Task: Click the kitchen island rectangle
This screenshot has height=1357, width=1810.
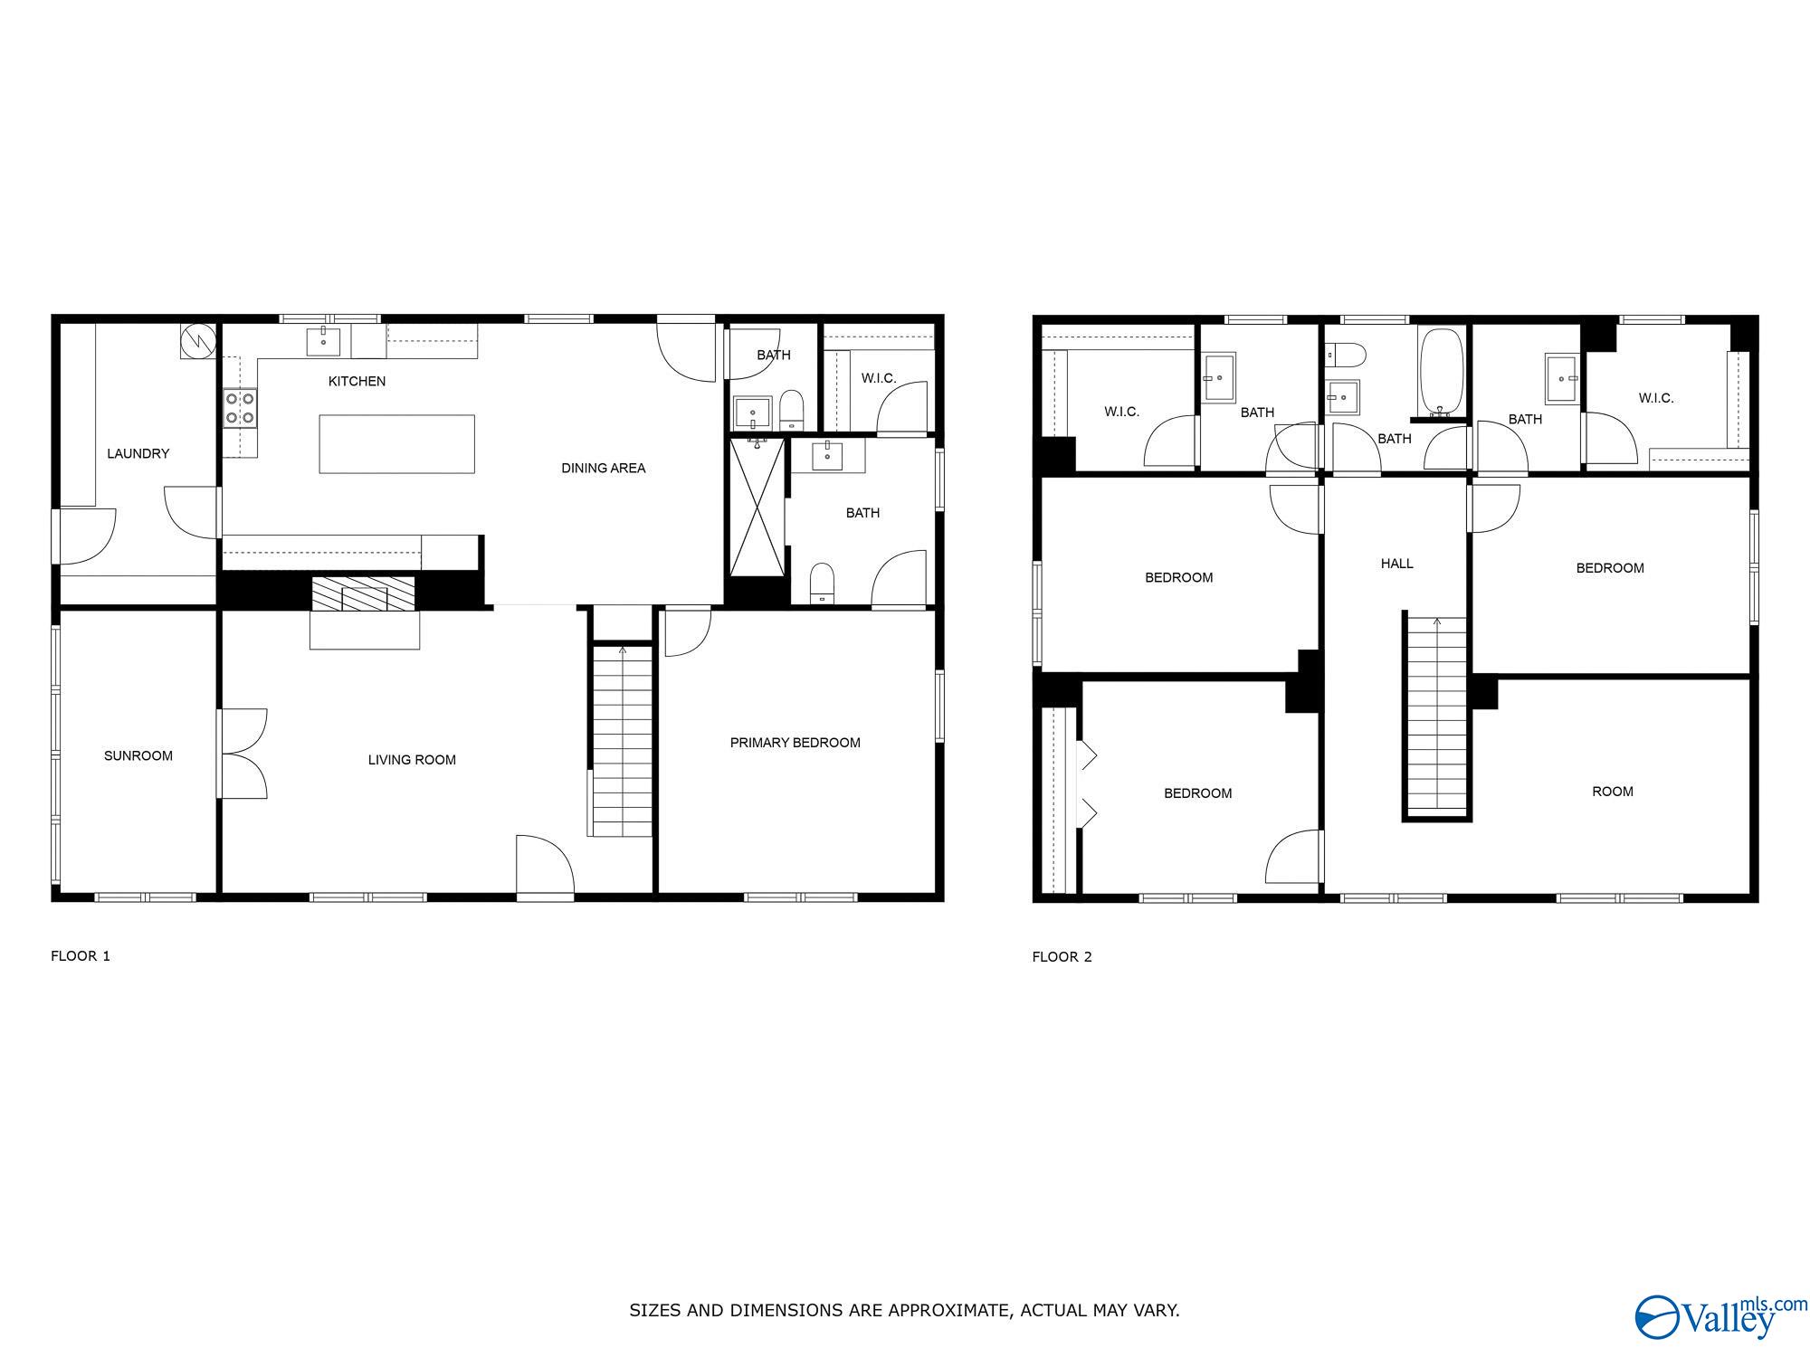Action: (x=396, y=443)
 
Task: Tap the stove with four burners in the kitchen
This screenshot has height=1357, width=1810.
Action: (x=240, y=407)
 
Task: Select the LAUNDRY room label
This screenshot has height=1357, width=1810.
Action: (x=138, y=453)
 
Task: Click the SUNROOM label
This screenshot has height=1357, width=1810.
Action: (x=138, y=755)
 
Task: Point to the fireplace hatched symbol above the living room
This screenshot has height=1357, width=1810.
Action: (x=364, y=593)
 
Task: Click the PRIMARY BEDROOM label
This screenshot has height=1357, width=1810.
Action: (x=795, y=743)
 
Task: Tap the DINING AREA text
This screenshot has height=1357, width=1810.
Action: (x=604, y=468)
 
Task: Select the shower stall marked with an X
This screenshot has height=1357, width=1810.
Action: (x=757, y=506)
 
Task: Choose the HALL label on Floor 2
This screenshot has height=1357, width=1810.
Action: (x=1397, y=564)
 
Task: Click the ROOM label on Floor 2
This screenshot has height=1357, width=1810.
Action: (x=1613, y=792)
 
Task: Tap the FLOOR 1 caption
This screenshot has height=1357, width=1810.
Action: (x=81, y=955)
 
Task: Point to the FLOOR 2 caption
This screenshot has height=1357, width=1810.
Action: (x=1062, y=956)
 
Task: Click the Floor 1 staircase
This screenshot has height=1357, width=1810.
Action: (x=622, y=739)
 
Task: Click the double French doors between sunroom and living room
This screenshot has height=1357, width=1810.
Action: (x=243, y=754)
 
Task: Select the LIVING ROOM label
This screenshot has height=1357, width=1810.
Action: (x=412, y=760)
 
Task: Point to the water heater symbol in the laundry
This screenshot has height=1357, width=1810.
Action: (x=198, y=341)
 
